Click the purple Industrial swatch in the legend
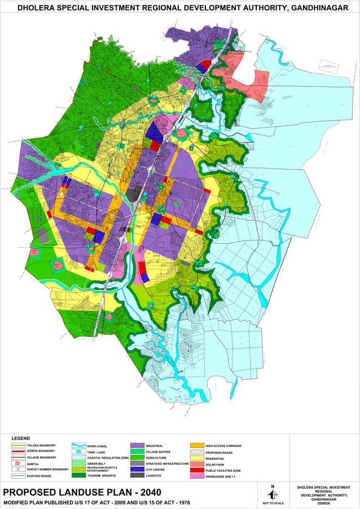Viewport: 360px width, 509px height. pos(137,446)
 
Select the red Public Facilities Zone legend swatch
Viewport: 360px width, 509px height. pos(196,470)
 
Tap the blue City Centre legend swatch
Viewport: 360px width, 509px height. pos(137,469)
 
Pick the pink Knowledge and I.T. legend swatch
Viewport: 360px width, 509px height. pos(196,477)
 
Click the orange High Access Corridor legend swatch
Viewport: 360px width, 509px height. pos(196,446)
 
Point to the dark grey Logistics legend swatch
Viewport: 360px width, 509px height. pos(137,476)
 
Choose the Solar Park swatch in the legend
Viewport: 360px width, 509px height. pos(196,464)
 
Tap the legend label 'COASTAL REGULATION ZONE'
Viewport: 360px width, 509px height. pos(108,458)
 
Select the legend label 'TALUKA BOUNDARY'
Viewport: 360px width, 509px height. pos(41,445)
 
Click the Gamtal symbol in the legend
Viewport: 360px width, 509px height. pos(18,463)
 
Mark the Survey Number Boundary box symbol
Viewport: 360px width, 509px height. pos(18,469)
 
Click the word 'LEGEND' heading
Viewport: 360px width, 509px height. pos(21,438)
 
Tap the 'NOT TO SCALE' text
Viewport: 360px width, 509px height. pos(273,503)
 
